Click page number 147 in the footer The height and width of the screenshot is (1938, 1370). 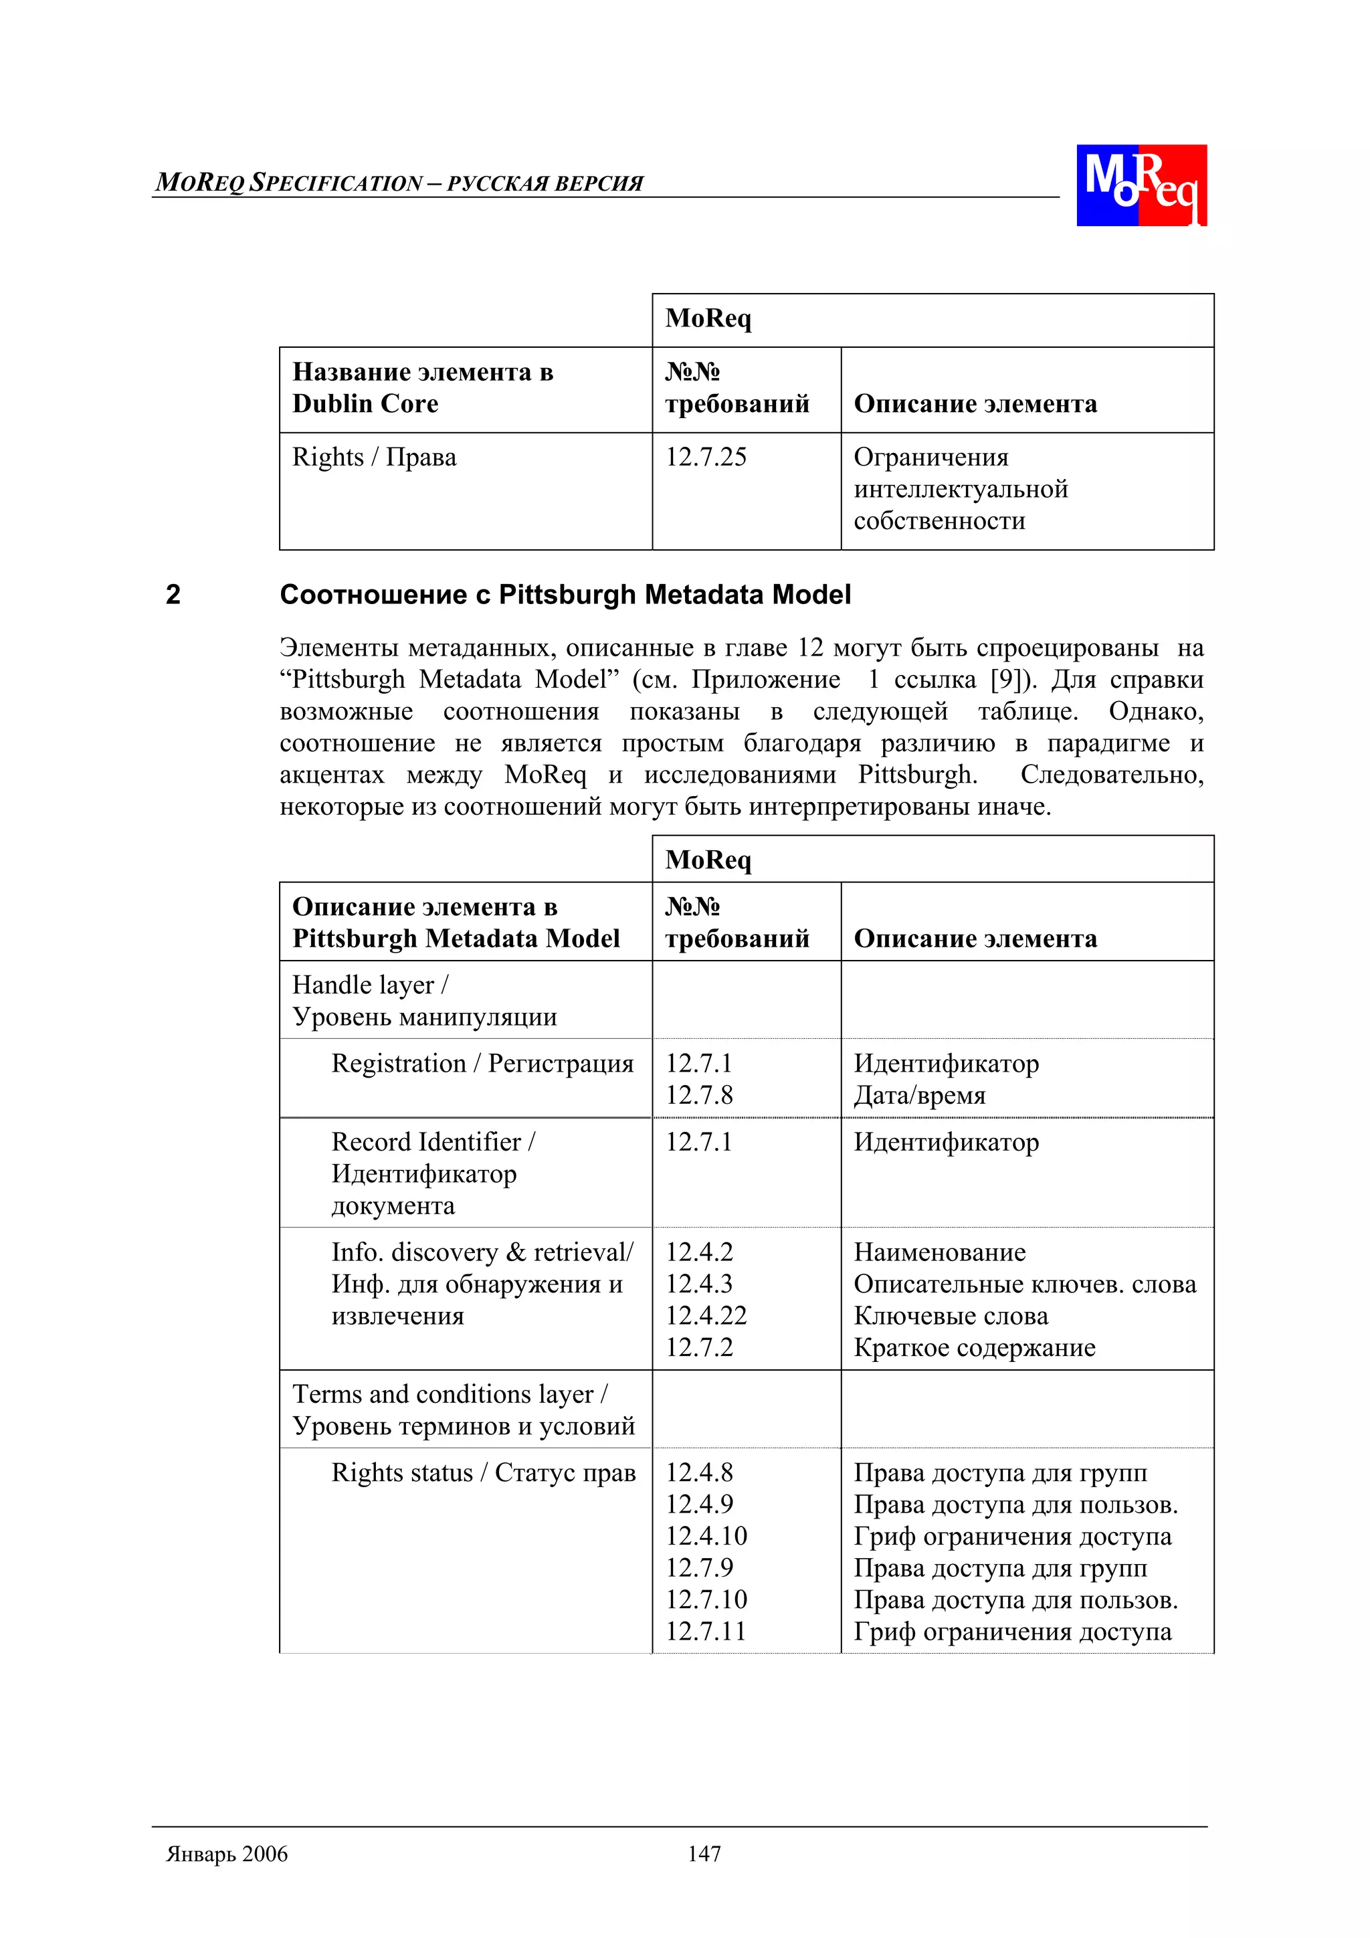coord(703,1854)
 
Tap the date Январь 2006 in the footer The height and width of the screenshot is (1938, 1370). coord(226,1854)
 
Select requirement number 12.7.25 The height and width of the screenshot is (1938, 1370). coord(706,457)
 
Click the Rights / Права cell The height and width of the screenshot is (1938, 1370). coord(374,457)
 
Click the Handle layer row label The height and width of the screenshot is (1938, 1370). coord(370,985)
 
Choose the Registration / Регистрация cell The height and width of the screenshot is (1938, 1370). coord(482,1063)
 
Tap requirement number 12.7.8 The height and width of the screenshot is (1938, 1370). coord(699,1095)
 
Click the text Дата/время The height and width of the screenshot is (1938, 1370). coord(919,1095)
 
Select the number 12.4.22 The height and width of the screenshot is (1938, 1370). coord(706,1315)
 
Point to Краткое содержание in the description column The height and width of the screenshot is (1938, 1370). coord(974,1347)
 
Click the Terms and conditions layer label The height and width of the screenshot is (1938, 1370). coord(449,1393)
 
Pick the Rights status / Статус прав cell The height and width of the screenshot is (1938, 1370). coord(483,1472)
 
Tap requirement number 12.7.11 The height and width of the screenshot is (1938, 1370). coord(706,1631)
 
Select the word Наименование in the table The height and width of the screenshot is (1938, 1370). coord(939,1252)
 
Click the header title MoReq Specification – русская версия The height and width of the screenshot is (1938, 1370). coord(399,183)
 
